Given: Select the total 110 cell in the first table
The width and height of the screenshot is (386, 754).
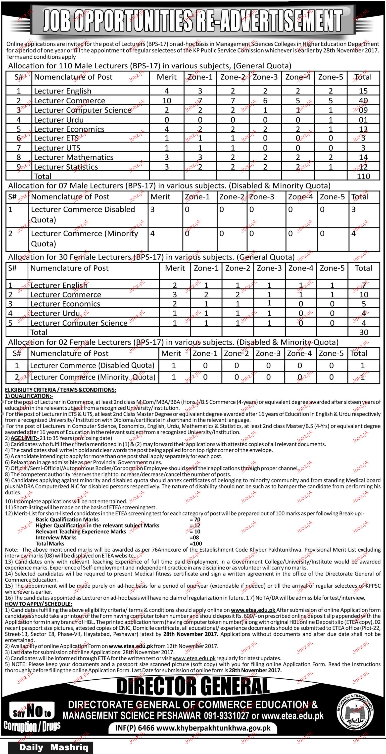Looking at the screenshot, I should pyautogui.click(x=363, y=176).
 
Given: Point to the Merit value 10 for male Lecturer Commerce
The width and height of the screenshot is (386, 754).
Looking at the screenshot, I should pyautogui.click(x=167, y=101).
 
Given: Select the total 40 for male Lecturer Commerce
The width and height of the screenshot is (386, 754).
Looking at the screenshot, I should pyautogui.click(x=363, y=101).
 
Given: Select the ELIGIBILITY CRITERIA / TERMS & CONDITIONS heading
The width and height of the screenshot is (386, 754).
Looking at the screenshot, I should pyautogui.click(x=61, y=390).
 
